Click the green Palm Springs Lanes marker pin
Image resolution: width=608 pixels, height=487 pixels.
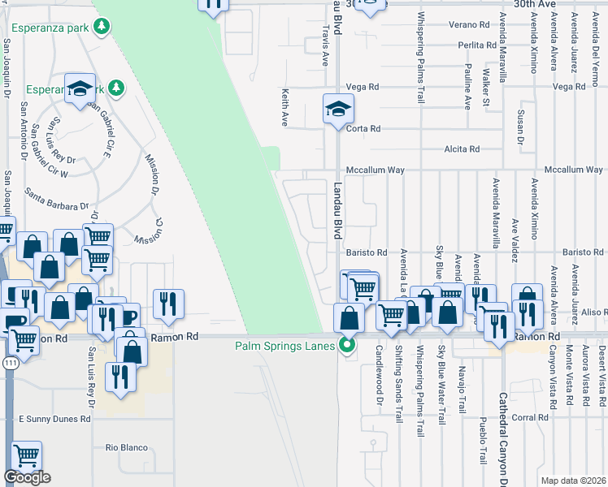(348, 346)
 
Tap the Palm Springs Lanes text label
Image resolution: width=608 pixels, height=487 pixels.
(285, 346)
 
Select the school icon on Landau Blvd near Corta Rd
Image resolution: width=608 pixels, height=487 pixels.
(338, 109)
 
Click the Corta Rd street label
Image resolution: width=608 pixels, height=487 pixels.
(363, 129)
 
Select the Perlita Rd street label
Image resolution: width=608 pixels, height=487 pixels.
(476, 45)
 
